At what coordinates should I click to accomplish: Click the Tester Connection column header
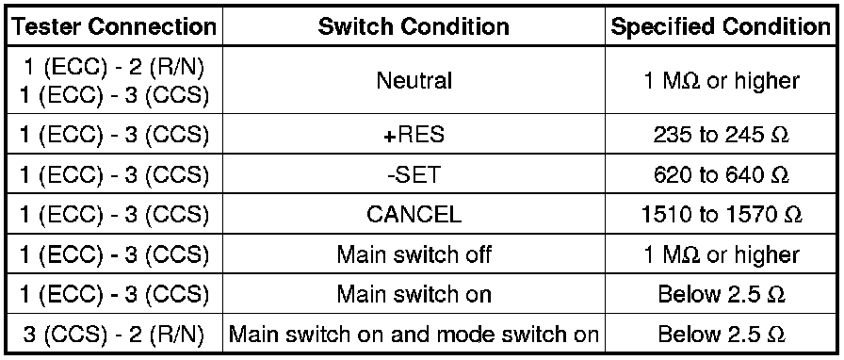coord(114,26)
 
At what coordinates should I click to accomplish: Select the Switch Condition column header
coord(414,26)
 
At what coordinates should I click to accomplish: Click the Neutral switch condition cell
coord(414,81)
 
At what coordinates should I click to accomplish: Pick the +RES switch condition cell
coord(414,135)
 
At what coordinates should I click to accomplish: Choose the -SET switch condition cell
coord(414,174)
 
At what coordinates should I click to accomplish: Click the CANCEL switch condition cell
coord(414,215)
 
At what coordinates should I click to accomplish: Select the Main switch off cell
coord(414,254)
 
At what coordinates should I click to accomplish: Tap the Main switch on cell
coord(414,294)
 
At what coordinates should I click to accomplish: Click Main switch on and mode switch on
coord(414,335)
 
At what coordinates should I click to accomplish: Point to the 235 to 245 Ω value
coord(721,135)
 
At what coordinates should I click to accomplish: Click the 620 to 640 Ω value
coord(721,174)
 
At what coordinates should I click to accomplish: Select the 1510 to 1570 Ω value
coord(721,215)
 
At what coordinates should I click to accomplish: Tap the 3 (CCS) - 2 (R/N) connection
coord(114,335)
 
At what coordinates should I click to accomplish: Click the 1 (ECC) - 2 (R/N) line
coord(114,70)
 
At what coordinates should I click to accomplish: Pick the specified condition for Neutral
coord(721,81)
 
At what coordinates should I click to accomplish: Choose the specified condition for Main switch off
coord(721,254)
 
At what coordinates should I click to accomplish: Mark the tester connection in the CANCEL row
coord(114,215)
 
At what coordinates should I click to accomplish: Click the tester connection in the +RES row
coord(114,135)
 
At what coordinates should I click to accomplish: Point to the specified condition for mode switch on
coord(721,335)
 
